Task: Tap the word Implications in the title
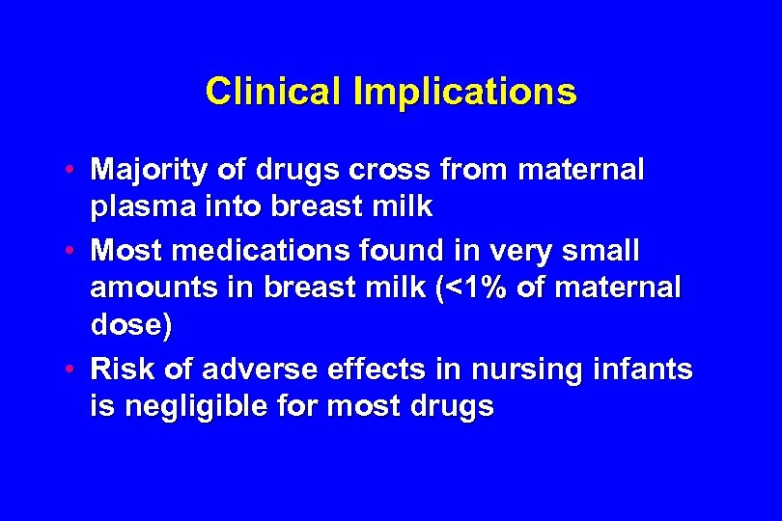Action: (466, 93)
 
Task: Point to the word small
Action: (601, 251)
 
